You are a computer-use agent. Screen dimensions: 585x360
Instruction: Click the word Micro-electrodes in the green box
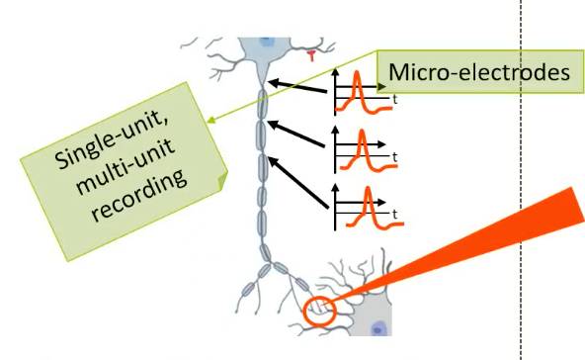[x=479, y=72]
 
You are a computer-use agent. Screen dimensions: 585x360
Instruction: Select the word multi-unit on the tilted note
[x=125, y=167]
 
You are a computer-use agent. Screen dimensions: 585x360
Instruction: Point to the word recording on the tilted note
[x=138, y=195]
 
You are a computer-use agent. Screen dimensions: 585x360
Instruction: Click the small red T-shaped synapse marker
[x=311, y=56]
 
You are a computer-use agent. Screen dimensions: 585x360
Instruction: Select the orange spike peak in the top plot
[x=357, y=72]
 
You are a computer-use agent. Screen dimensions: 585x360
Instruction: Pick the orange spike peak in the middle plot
[x=362, y=132]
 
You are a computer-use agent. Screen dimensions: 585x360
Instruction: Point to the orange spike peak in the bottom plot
[x=369, y=188]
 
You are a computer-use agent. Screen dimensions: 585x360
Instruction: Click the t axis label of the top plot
[x=394, y=100]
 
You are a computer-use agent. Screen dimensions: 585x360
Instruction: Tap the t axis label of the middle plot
[x=394, y=157]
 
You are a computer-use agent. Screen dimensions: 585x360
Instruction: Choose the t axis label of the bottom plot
[x=394, y=215]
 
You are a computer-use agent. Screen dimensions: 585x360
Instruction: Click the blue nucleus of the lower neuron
[x=377, y=329]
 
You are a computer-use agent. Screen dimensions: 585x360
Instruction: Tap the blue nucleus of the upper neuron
[x=266, y=42]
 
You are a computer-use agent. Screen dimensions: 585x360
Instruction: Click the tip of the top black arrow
[x=268, y=81]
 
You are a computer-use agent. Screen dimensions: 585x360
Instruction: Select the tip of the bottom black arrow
[x=268, y=157]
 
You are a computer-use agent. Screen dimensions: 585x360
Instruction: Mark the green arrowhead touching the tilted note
[x=210, y=121]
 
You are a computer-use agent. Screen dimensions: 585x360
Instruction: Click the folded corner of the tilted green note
[x=222, y=180]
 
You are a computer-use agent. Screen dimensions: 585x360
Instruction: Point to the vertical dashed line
[x=522, y=180]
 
